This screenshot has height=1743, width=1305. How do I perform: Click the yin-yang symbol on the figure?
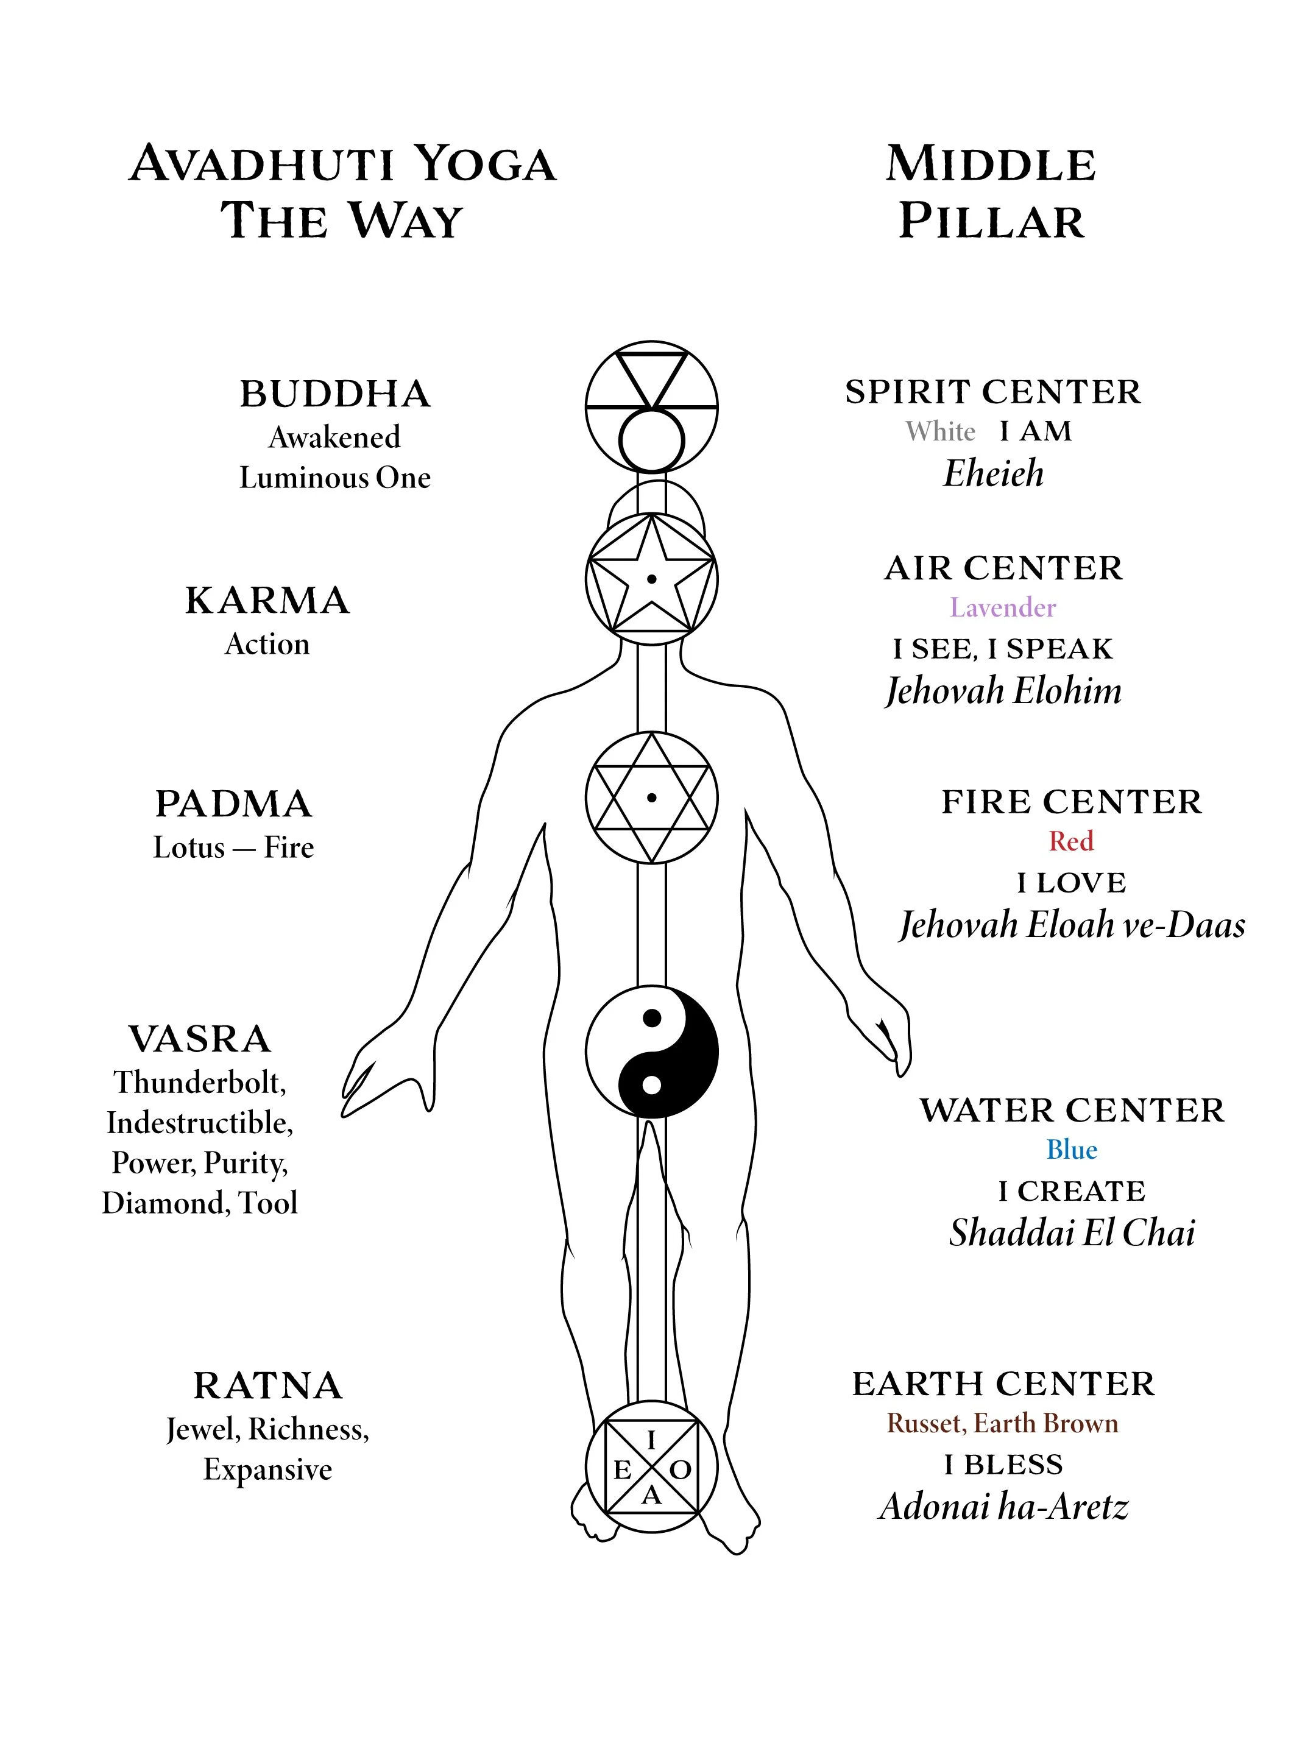[652, 1051]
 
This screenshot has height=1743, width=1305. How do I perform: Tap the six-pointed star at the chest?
[652, 797]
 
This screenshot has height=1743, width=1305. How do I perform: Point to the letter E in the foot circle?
[622, 1470]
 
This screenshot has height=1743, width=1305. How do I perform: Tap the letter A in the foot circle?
[651, 1496]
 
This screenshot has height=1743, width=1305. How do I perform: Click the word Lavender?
[1002, 607]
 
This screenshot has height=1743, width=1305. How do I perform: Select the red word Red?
[1071, 841]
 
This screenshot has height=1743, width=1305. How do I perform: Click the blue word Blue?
[1072, 1150]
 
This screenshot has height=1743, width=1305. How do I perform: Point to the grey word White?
[940, 432]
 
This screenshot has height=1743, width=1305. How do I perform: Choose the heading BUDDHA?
[335, 394]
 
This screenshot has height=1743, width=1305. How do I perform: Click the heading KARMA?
[267, 601]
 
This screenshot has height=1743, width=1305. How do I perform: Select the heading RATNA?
[268, 1386]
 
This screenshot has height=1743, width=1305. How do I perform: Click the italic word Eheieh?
[993, 473]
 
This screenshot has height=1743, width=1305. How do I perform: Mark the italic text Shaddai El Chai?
[1072, 1233]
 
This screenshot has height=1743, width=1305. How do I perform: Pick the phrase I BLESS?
[1003, 1465]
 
